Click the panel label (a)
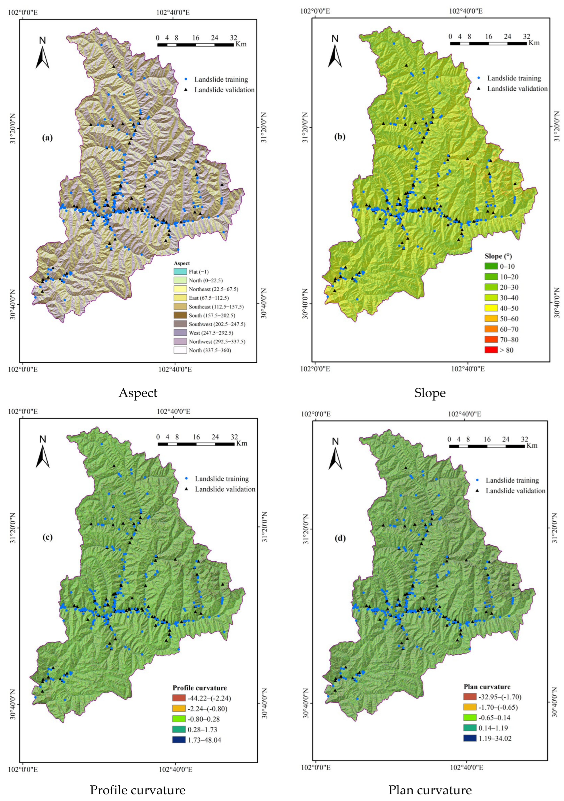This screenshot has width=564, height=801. pyautogui.click(x=47, y=138)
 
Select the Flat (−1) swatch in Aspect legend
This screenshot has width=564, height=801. pyautogui.click(x=180, y=271)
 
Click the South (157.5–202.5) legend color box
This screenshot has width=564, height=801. pyautogui.click(x=180, y=315)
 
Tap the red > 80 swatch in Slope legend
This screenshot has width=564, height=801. pyautogui.click(x=491, y=350)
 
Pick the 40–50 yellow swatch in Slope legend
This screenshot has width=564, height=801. pyautogui.click(x=491, y=308)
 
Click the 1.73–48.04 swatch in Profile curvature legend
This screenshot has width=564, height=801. pyautogui.click(x=179, y=740)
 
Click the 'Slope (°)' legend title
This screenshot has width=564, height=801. pyautogui.click(x=498, y=256)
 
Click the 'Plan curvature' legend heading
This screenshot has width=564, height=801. pyautogui.click(x=487, y=686)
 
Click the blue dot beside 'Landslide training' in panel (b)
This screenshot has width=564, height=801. pyautogui.click(x=479, y=78)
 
